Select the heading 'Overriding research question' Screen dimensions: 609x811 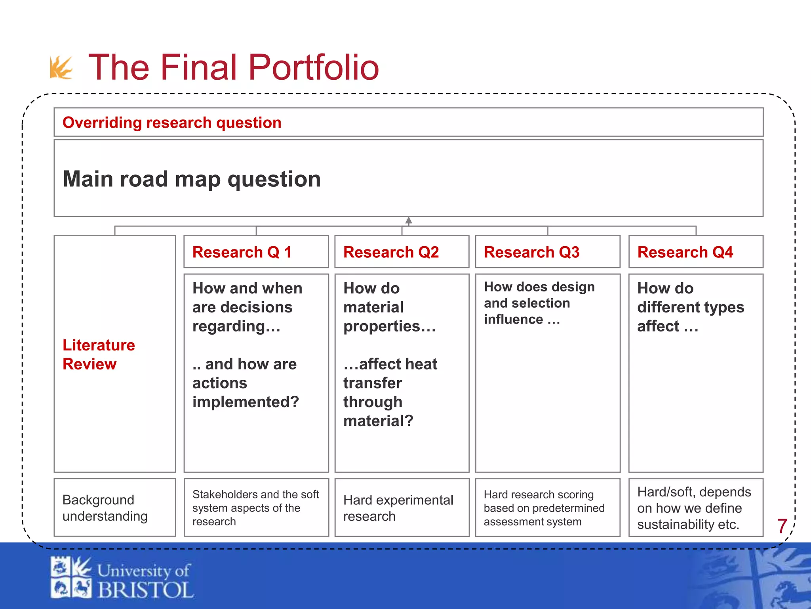coord(172,123)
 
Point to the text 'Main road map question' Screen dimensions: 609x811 coord(192,179)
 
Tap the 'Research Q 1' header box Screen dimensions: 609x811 coord(256,252)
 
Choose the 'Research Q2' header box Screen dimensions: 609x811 coord(402,252)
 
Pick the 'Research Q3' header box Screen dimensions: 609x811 coord(547,252)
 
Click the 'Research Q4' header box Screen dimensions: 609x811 coord(695,252)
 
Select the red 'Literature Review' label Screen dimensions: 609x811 coord(99,354)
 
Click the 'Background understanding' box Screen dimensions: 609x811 coord(114,507)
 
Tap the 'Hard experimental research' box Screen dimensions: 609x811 coord(402,508)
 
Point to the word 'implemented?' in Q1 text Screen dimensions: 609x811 coord(246,402)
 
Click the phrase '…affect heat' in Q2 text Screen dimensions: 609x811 coord(390,364)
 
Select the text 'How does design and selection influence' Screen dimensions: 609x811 coord(539,303)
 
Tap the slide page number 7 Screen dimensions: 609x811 coord(782,526)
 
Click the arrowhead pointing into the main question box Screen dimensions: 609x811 coord(409,220)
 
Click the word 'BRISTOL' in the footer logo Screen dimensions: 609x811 coord(145,590)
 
